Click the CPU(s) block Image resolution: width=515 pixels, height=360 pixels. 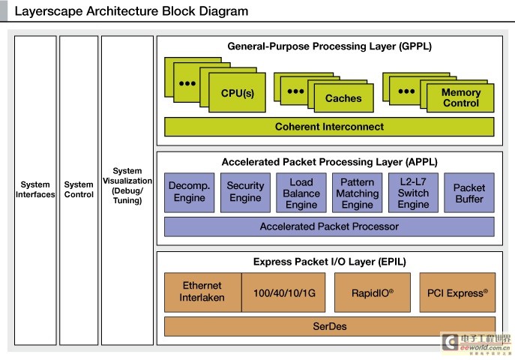click(x=238, y=94)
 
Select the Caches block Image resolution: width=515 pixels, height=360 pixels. click(x=343, y=98)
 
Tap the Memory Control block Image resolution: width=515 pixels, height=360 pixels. click(x=460, y=98)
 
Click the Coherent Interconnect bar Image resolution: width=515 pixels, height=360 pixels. click(x=329, y=127)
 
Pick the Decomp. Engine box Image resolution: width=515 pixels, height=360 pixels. click(x=190, y=193)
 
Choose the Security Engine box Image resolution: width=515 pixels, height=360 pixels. click(x=246, y=193)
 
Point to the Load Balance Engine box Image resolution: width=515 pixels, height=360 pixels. click(x=301, y=193)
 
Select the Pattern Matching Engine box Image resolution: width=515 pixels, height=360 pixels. click(x=358, y=193)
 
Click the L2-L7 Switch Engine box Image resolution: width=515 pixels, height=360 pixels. click(x=413, y=193)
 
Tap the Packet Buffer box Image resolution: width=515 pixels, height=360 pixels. click(x=469, y=193)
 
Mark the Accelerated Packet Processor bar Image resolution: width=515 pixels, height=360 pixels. click(x=329, y=226)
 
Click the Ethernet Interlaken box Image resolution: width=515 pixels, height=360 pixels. click(x=202, y=292)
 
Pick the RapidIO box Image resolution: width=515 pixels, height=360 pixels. click(x=372, y=292)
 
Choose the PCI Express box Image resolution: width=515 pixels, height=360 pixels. click(x=457, y=292)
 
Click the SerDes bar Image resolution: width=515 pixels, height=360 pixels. click(x=329, y=326)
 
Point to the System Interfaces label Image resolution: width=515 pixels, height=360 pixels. click(x=35, y=190)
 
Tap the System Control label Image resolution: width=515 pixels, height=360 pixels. click(x=79, y=190)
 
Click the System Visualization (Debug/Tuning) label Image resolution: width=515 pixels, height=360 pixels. click(x=127, y=186)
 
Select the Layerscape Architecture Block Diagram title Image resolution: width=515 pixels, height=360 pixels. click(x=131, y=12)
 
